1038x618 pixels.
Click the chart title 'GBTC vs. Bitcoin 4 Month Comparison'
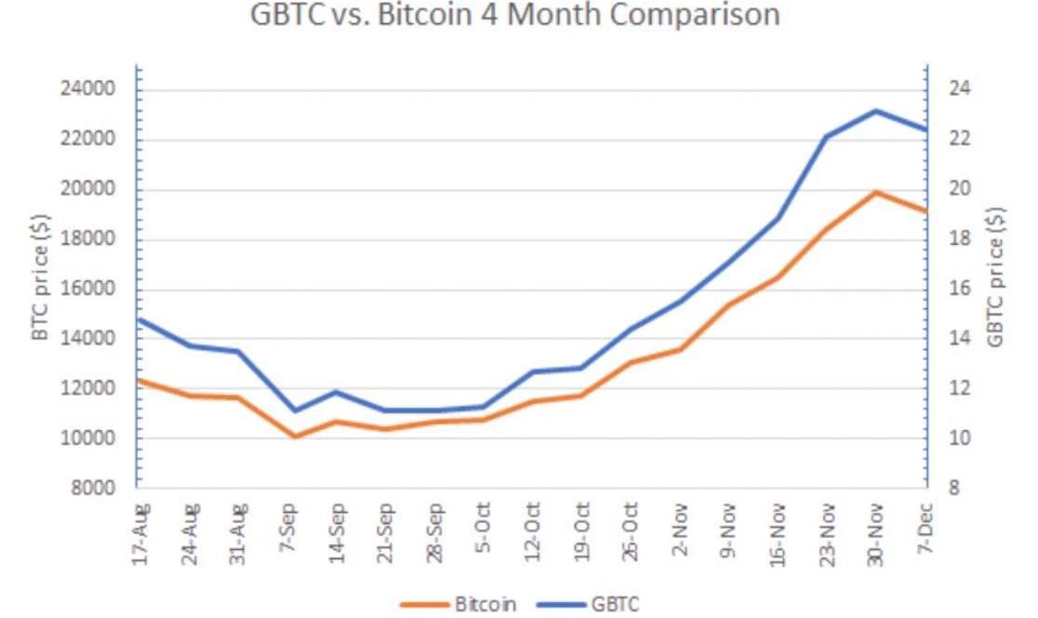(x=515, y=15)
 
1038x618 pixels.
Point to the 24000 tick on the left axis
(x=87, y=88)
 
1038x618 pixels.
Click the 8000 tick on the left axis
(x=93, y=489)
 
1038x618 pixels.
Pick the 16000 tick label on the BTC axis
(x=87, y=289)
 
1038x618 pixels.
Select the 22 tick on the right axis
(x=960, y=139)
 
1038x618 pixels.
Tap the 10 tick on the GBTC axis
(x=960, y=438)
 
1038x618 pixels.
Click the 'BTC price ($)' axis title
(x=40, y=276)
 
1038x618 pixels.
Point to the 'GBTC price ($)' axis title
(x=995, y=276)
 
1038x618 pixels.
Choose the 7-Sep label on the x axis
(x=288, y=527)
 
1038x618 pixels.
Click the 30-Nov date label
(x=875, y=534)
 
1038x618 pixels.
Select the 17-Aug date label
(x=141, y=534)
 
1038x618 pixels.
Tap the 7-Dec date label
(x=925, y=528)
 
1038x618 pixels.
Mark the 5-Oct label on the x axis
(x=484, y=527)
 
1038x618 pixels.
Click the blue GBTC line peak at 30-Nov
(x=876, y=111)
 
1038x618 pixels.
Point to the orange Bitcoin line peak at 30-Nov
(x=876, y=193)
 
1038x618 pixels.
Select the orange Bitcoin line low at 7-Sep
(x=294, y=437)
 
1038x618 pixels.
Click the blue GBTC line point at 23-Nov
(x=827, y=137)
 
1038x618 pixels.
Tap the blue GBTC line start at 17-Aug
(x=138, y=319)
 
